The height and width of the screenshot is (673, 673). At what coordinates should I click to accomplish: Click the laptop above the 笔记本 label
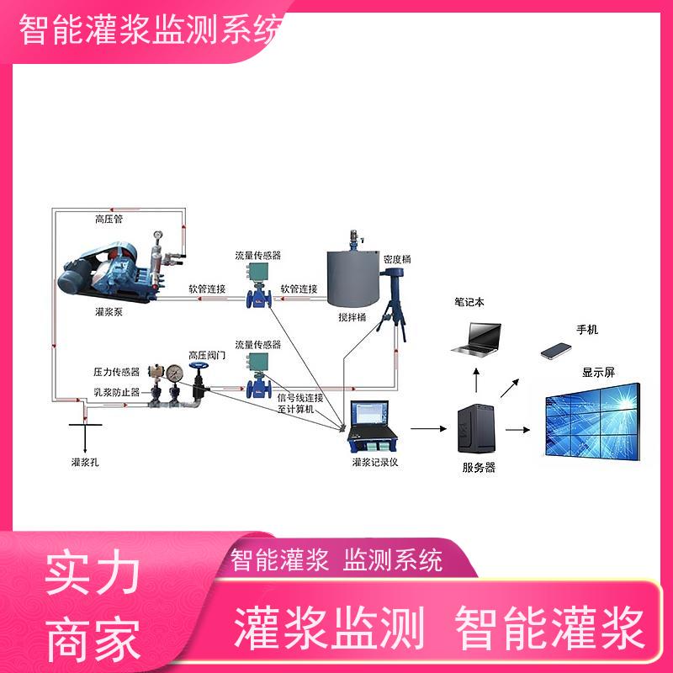(x=476, y=339)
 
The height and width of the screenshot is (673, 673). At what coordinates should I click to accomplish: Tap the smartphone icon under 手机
(x=556, y=351)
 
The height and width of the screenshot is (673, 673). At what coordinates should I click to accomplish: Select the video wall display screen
(x=593, y=422)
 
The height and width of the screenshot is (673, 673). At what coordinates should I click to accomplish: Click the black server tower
(x=476, y=429)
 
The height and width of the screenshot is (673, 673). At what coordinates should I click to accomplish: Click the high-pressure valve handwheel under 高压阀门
(x=199, y=367)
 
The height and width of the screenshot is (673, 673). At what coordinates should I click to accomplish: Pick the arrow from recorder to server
(x=428, y=428)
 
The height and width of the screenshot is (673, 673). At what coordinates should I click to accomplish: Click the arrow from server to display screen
(x=517, y=430)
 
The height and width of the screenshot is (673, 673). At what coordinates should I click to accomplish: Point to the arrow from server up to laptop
(x=476, y=380)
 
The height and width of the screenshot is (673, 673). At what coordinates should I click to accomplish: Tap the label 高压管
(x=109, y=220)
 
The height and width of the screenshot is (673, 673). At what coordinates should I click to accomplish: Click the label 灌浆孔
(x=85, y=462)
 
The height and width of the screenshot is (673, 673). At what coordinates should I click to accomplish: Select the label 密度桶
(x=397, y=259)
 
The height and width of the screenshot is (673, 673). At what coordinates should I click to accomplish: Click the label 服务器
(x=479, y=468)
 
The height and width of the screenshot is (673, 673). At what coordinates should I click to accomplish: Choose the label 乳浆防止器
(x=117, y=392)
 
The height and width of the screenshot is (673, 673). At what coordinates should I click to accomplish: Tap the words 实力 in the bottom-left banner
(x=93, y=572)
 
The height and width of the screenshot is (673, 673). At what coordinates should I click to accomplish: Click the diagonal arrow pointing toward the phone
(x=510, y=388)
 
